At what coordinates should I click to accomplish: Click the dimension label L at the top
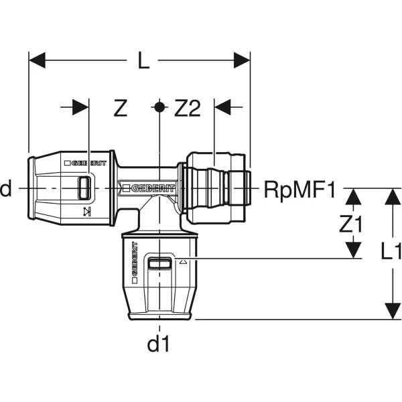143,60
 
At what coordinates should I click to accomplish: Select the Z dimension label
121,108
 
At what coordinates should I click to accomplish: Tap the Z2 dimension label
187,108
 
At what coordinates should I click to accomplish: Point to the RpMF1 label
299,190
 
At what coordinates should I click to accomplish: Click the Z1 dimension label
350,224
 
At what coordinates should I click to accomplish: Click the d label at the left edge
5,188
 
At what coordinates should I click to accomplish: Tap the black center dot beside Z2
159,107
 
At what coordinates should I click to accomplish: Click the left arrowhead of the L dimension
37,60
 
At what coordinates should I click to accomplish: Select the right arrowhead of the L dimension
242,60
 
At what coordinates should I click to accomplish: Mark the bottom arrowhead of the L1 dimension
393,311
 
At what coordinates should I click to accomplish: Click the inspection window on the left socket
84,188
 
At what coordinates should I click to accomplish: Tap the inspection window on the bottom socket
159,263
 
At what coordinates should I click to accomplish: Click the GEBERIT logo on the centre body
149,188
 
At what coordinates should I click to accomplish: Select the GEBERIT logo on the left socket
85,163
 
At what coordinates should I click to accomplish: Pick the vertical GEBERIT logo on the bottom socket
135,262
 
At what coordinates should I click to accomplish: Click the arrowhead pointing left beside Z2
222,107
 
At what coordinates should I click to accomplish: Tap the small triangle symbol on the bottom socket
183,262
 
